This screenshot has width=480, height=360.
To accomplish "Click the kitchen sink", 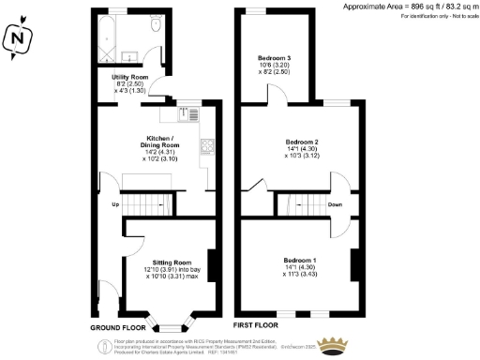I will pos(177,113).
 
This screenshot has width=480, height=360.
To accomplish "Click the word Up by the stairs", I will pos(115,204).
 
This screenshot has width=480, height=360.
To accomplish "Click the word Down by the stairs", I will pos(335,204).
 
